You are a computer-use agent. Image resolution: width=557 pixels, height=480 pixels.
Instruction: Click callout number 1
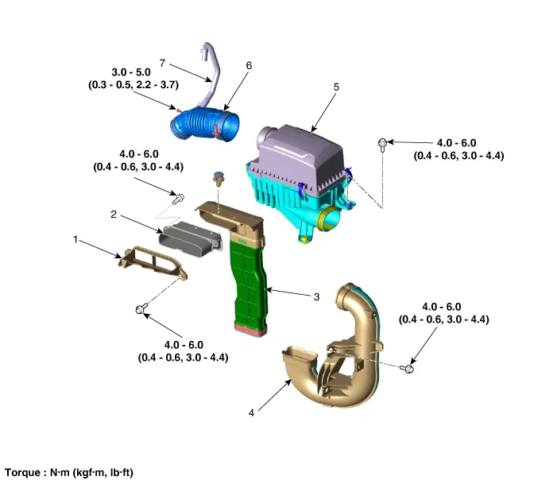click(x=76, y=238)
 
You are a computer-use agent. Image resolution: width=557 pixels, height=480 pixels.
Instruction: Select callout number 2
click(x=114, y=215)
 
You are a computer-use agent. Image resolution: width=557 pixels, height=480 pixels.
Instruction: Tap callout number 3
click(x=316, y=296)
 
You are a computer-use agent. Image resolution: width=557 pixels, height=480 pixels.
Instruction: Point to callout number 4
click(x=251, y=412)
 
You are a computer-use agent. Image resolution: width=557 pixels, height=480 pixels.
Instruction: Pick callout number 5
click(x=336, y=87)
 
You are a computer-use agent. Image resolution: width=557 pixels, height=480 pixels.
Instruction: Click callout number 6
click(x=249, y=66)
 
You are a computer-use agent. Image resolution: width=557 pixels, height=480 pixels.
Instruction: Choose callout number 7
click(x=162, y=61)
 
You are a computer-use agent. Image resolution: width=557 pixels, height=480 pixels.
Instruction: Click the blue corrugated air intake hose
click(x=203, y=125)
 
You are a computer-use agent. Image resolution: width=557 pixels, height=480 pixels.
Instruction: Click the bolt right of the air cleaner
click(x=383, y=143)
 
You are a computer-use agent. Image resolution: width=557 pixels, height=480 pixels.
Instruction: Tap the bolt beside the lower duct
click(x=409, y=369)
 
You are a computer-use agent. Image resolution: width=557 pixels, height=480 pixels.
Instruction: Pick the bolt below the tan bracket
click(x=143, y=309)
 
